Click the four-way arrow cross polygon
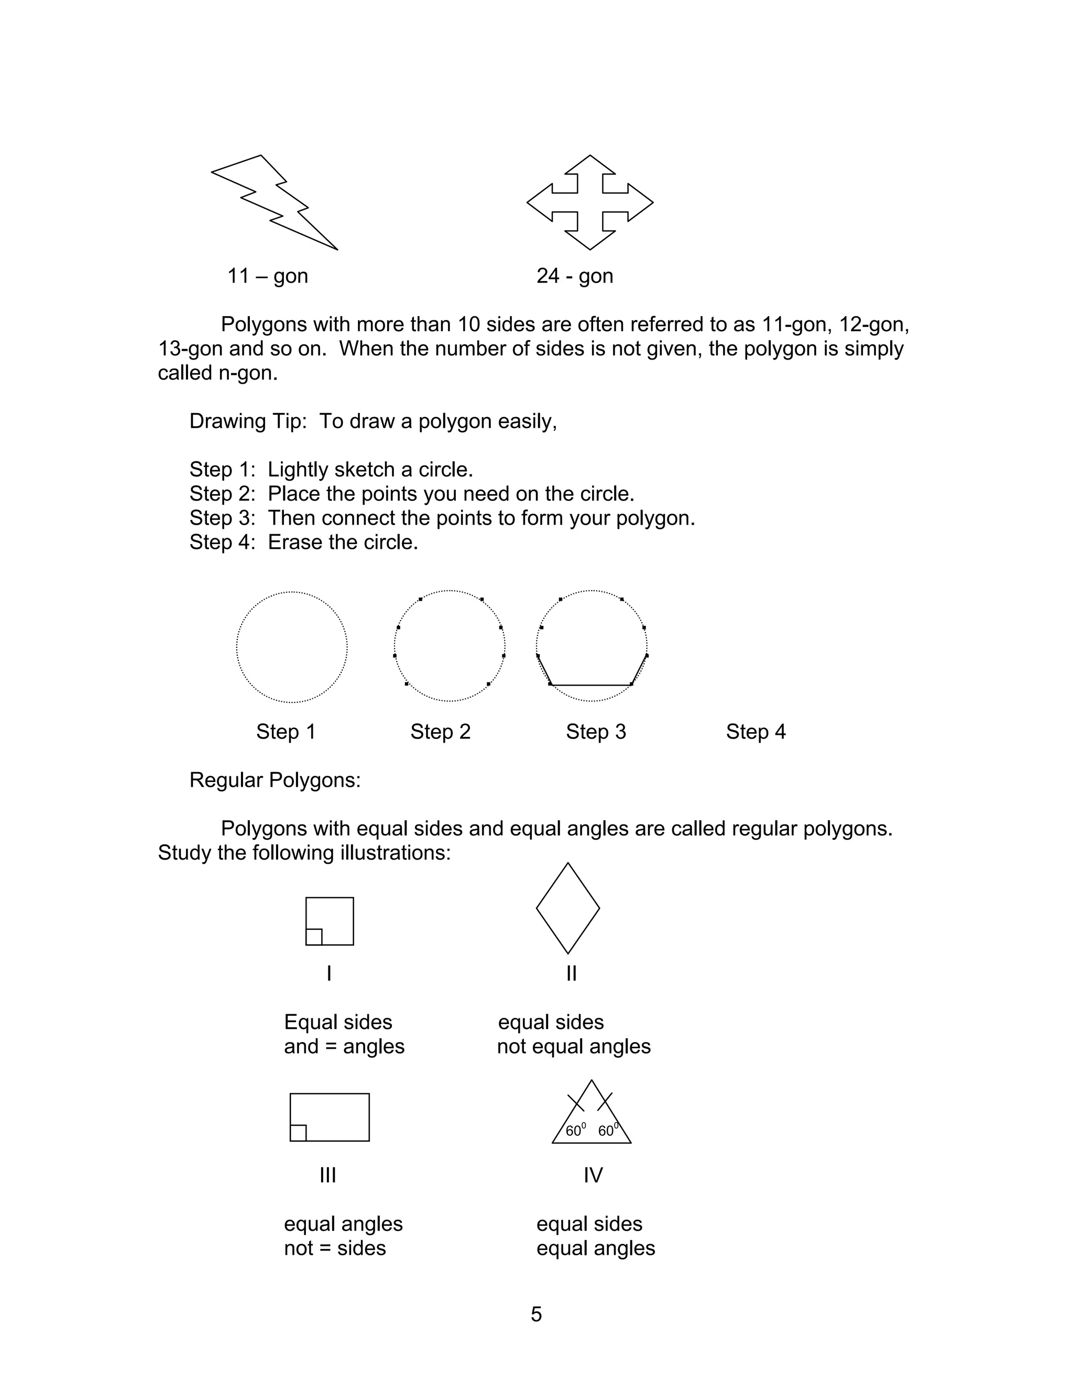tap(589, 202)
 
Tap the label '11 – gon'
tap(268, 276)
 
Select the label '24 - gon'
tap(575, 276)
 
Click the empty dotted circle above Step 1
tap(292, 647)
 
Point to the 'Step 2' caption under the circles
tap(441, 732)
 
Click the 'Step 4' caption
tap(756, 732)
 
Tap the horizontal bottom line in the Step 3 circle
tap(591, 685)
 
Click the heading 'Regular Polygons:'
tap(275, 780)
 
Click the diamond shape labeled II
tap(567, 908)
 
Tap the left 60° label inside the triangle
tap(575, 1131)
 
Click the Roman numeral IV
tap(593, 1175)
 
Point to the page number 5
tap(536, 1315)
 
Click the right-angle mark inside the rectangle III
tap(298, 1133)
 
